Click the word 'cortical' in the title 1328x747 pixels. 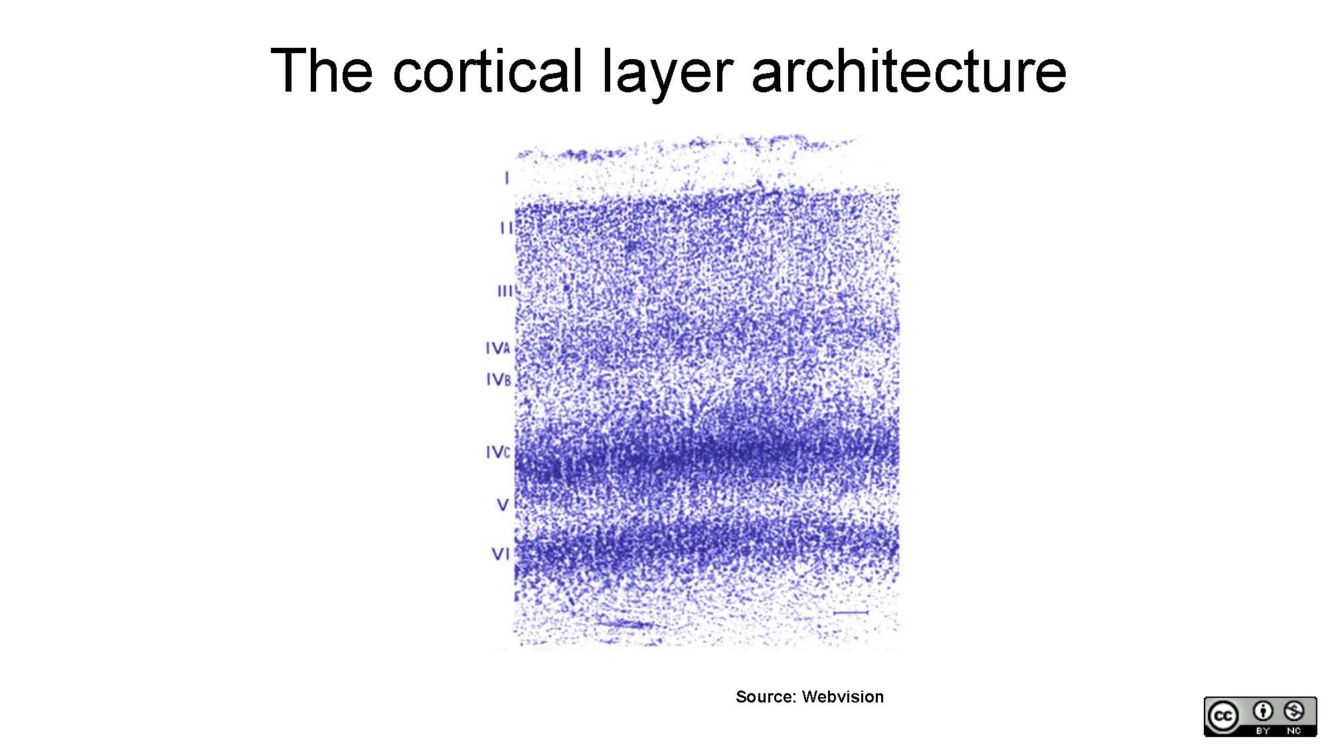tap(488, 70)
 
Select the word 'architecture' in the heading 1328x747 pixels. tap(909, 70)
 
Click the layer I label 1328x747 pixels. tap(507, 178)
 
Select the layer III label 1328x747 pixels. tap(505, 291)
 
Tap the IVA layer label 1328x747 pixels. tap(498, 349)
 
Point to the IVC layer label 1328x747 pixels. tap(498, 452)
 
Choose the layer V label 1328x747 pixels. tap(503, 505)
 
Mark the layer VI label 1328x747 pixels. tap(501, 554)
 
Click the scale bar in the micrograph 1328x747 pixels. tap(851, 612)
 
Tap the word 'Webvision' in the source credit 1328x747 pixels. tap(843, 697)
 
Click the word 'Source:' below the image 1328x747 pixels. tap(766, 697)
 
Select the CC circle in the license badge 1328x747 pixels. tap(1223, 716)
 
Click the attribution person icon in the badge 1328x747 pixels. tap(1263, 711)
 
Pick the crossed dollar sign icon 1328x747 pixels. tap(1294, 711)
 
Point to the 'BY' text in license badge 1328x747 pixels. tap(1263, 730)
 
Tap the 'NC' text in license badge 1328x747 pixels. tap(1294, 730)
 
